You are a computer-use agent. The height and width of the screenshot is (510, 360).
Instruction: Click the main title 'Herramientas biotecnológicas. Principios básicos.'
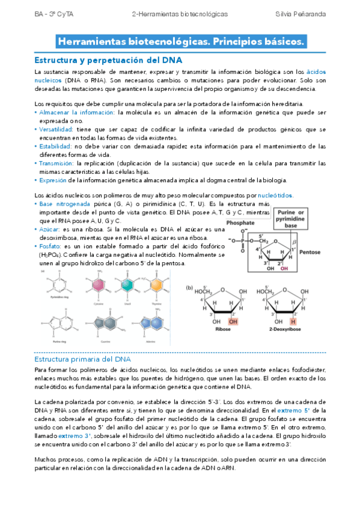point(180,42)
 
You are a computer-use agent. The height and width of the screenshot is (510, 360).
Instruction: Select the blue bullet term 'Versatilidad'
point(56,129)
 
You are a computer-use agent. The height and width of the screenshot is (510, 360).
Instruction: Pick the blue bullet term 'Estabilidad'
point(54,146)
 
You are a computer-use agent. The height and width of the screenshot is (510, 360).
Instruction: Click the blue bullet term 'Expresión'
point(52,180)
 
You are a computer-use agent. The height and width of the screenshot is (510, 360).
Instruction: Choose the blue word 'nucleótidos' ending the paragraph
point(275,196)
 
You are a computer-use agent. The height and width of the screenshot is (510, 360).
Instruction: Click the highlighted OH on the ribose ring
point(233,321)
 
